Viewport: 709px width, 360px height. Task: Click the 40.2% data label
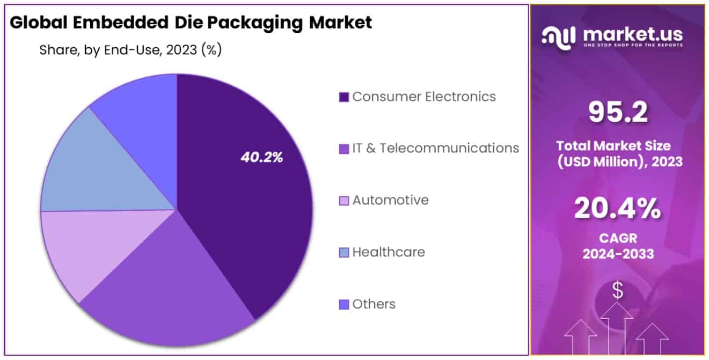[x=262, y=157]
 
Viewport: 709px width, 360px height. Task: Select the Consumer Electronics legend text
[x=424, y=97]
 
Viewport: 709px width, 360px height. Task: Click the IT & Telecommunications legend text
[x=435, y=148]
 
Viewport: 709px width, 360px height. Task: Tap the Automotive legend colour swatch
[x=344, y=201]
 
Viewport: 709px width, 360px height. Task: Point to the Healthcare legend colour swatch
[x=344, y=252]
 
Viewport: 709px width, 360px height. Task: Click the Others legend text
[x=374, y=304]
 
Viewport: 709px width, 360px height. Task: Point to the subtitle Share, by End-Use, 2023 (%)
[x=130, y=50]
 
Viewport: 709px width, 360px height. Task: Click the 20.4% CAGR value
[x=618, y=208]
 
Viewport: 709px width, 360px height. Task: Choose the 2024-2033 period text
[x=618, y=253]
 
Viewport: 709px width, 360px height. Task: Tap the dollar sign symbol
[x=618, y=290]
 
